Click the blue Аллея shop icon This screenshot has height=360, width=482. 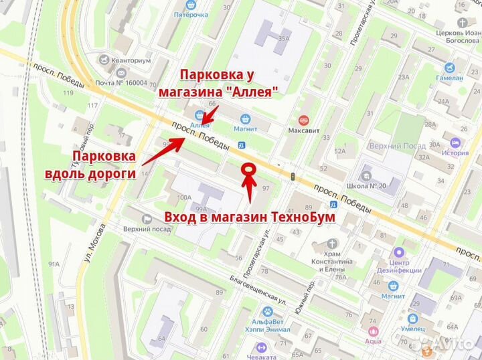[199, 114]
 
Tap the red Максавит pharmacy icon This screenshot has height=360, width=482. [303, 118]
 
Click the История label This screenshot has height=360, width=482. [455, 153]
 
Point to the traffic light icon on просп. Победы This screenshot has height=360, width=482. [293, 176]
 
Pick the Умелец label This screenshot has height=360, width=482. [414, 329]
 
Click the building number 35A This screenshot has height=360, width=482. [284, 38]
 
